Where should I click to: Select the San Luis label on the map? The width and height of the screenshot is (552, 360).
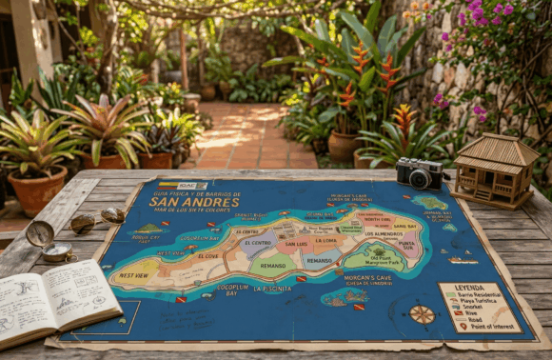pos(295,244)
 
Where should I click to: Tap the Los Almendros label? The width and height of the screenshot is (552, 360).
pos(384,233)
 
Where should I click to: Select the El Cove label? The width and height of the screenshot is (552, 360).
pos(208,256)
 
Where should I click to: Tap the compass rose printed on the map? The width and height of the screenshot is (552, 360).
pos(422,313)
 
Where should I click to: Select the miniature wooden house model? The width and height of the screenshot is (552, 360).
pos(494,170)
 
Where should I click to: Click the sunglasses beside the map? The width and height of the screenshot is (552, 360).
pos(96,220)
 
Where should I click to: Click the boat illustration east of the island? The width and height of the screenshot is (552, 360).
pos(463,259)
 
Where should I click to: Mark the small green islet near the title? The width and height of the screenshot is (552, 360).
pos(150,229)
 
